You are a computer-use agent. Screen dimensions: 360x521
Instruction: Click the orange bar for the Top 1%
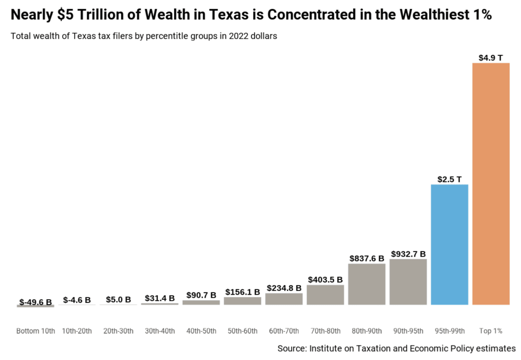pos(491,184)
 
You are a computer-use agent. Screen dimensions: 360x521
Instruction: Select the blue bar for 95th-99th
pos(449,244)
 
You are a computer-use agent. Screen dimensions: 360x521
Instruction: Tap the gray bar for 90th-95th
pos(408,282)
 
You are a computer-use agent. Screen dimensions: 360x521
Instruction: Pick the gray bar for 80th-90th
pos(367,284)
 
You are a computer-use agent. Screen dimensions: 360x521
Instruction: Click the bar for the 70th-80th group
pos(325,295)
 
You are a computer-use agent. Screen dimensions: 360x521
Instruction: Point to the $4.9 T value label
pos(490,58)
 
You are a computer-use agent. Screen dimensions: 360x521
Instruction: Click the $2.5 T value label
pos(449,179)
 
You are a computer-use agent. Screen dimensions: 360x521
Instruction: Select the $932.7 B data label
pos(408,254)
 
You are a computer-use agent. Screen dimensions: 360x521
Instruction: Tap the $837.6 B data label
pos(367,259)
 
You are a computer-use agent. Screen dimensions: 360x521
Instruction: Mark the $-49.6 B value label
pos(36,302)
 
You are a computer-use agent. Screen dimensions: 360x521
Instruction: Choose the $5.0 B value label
pos(118,300)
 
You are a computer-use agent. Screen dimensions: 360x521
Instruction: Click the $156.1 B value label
pos(243,292)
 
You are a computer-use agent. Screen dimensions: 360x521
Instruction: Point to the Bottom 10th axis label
pos(36,331)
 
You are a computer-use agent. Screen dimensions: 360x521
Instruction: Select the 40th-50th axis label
pos(201,331)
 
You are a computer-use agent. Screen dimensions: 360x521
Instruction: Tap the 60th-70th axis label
pos(284,331)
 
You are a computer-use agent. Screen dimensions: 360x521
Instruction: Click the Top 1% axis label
pos(490,331)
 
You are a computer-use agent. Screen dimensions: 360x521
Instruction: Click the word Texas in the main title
pos(229,15)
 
